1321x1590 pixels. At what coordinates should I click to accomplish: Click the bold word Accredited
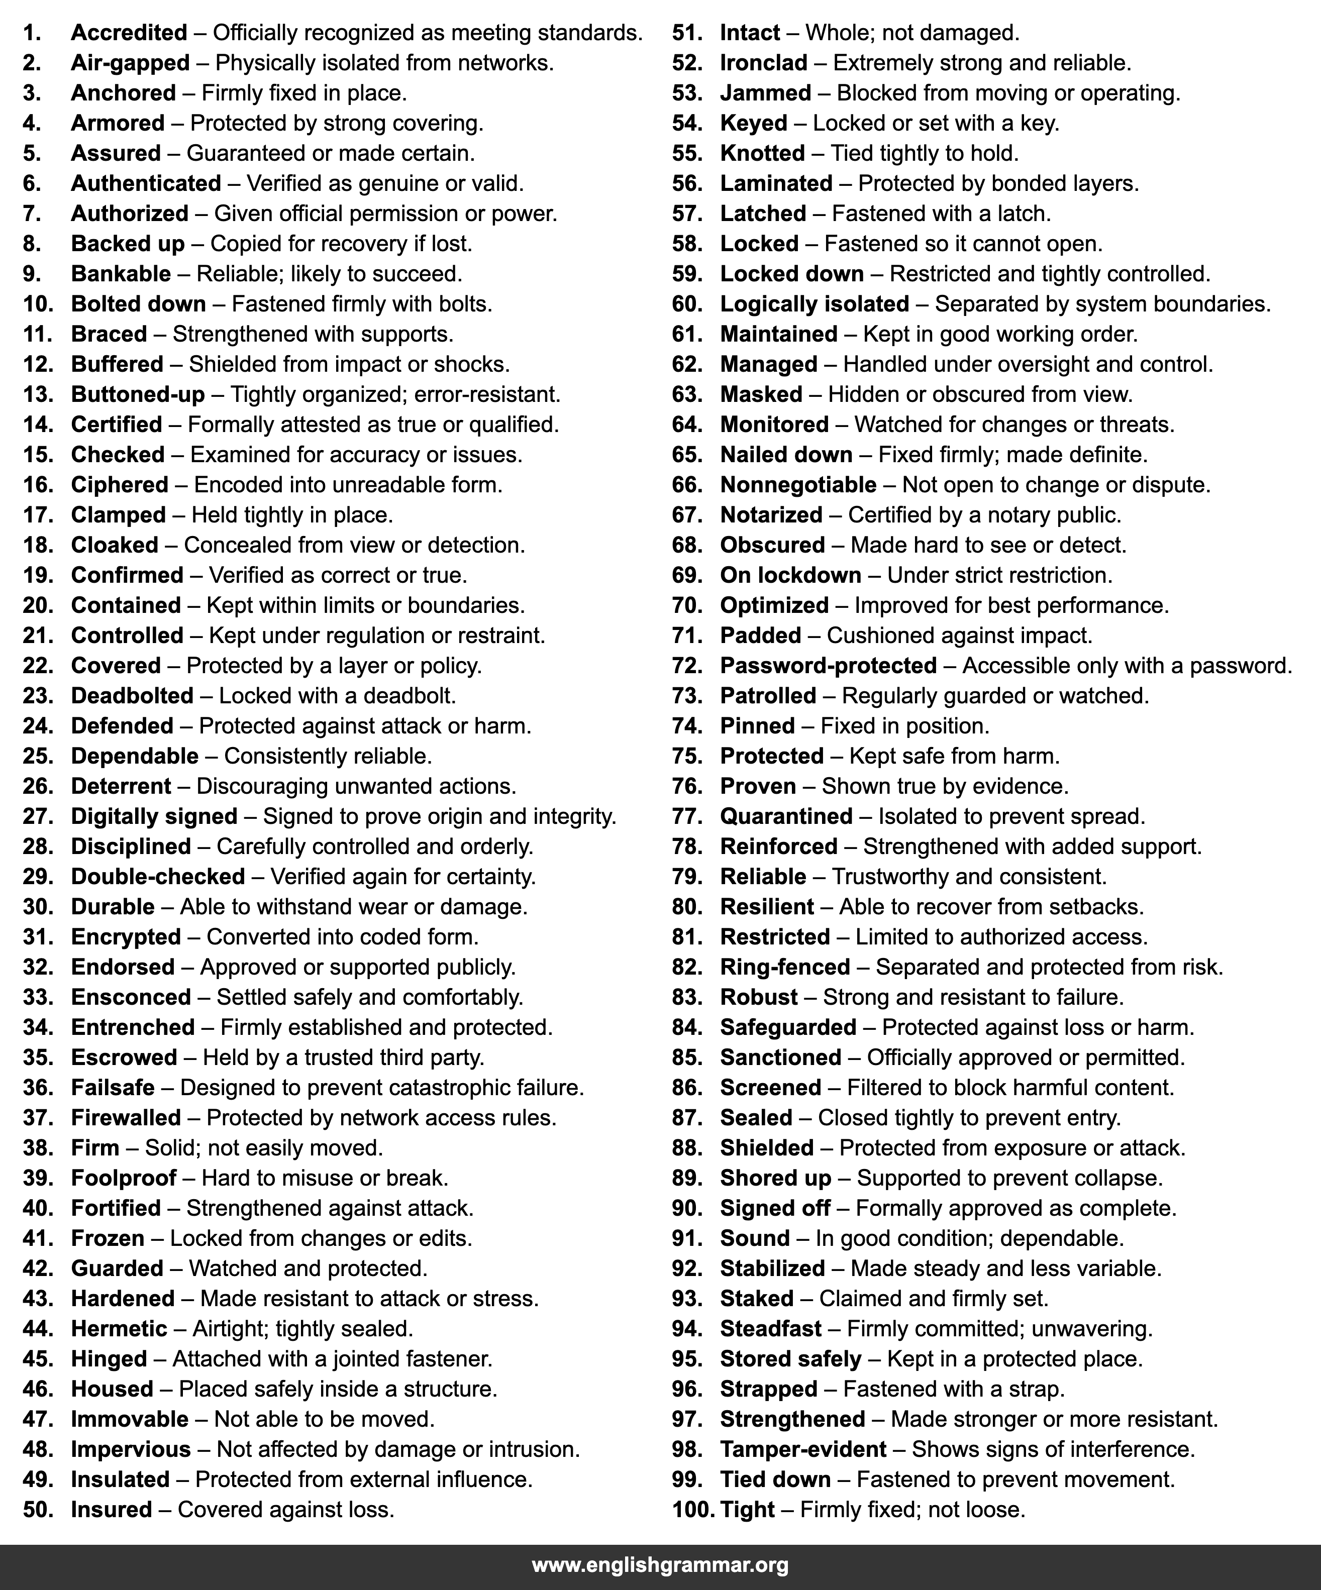tap(129, 33)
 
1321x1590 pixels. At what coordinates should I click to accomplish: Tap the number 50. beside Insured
tap(38, 1509)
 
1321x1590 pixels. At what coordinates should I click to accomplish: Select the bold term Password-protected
tap(828, 666)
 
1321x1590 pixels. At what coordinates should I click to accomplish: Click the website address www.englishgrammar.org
tap(660, 1565)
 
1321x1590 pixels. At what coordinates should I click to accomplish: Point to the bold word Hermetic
tap(119, 1328)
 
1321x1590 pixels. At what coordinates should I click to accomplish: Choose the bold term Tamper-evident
tap(803, 1449)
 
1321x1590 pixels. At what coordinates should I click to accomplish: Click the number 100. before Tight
tap(692, 1509)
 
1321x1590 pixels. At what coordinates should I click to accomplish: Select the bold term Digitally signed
tap(154, 816)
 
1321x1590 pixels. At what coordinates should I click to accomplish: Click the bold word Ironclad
tap(764, 63)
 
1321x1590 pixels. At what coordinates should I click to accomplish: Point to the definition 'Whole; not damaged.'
tap(912, 33)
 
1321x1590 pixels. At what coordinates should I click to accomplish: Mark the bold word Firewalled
tap(126, 1118)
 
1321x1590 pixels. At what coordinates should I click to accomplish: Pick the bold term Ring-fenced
tap(785, 967)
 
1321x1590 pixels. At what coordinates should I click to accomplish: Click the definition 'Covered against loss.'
tap(285, 1509)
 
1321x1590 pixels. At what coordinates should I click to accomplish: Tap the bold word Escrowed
tap(124, 1057)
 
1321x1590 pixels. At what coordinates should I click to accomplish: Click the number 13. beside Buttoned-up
tap(38, 394)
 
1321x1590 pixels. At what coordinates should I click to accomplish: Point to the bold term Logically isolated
tap(815, 303)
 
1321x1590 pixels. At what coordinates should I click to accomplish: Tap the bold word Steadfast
tap(770, 1328)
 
